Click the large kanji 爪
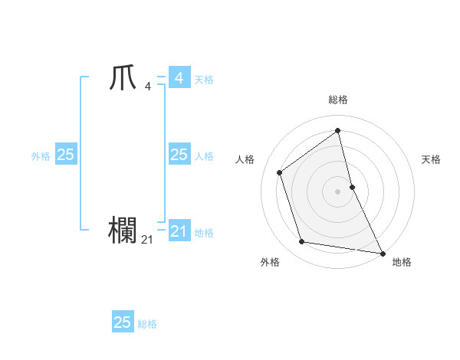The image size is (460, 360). coord(123,79)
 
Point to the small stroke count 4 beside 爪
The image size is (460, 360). coord(147,86)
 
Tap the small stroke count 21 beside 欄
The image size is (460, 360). coord(147,240)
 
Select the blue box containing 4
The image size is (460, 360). coord(179,78)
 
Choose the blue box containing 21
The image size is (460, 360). coord(179,231)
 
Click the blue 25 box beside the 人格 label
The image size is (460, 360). coord(179,155)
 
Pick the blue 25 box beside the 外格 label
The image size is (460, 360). coord(65,155)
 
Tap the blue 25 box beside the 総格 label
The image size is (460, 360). coord(123,322)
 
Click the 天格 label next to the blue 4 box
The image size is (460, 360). coord(204,79)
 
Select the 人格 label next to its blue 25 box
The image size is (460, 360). coord(204,155)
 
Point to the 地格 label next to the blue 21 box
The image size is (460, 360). coord(204,232)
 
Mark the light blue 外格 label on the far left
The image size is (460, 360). coord(41,155)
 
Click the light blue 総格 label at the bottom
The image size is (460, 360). coord(147,324)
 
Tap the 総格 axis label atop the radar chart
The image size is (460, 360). coord(338,100)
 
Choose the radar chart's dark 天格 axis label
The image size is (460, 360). coord(431,159)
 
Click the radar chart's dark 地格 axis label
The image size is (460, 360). coord(402,262)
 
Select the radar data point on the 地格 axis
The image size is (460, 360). coord(382,252)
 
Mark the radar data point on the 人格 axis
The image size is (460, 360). coord(280,172)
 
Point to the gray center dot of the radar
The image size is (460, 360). coord(338,191)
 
